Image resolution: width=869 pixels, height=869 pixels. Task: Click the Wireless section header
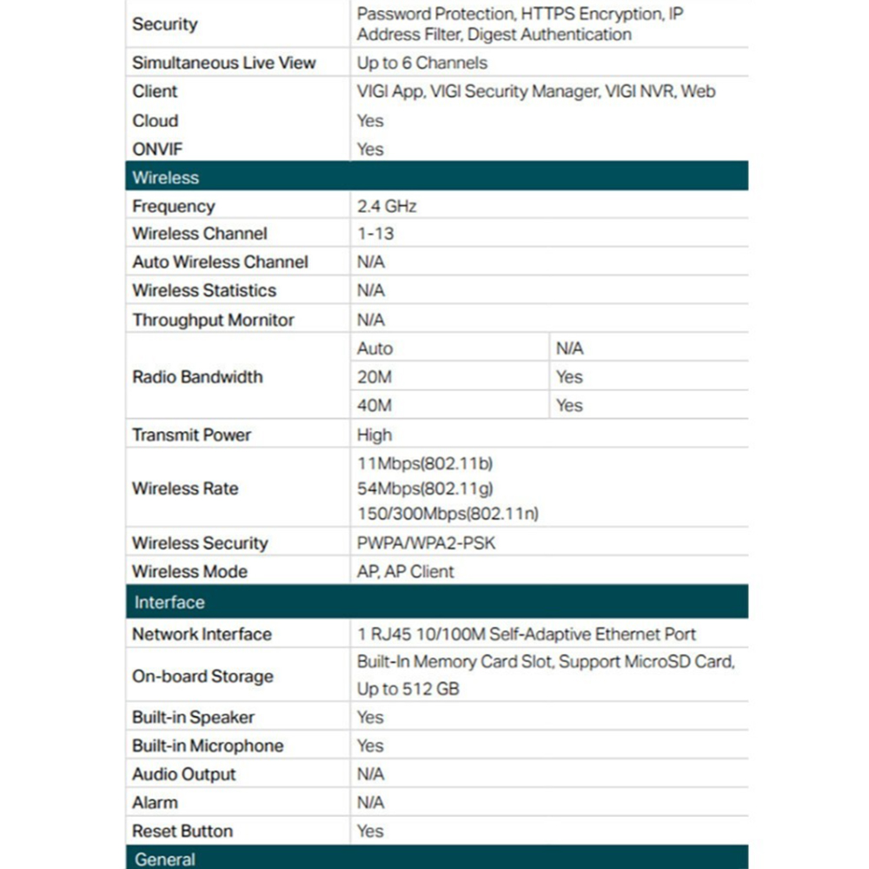[x=166, y=177]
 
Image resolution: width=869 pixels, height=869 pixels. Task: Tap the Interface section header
[x=169, y=602]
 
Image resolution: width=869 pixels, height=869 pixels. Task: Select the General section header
[x=165, y=859]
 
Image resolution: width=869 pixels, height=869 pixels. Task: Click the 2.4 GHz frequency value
[x=387, y=206]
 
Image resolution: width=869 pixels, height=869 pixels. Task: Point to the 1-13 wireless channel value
[x=375, y=234]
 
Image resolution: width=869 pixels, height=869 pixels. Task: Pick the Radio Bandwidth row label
[x=197, y=377]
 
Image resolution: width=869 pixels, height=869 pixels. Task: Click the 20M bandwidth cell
[x=375, y=377]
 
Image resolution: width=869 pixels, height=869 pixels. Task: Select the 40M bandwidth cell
[x=375, y=405]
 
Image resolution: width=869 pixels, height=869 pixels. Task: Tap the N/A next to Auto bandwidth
[x=569, y=348]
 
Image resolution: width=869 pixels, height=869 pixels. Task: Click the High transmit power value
[x=375, y=434]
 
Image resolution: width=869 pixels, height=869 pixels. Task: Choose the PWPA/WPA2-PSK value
[x=427, y=543]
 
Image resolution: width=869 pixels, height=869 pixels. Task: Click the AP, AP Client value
[x=406, y=571]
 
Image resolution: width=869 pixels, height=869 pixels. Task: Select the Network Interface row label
[x=202, y=634]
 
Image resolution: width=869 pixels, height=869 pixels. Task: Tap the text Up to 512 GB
[x=408, y=689]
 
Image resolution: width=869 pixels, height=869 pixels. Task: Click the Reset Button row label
[x=182, y=831]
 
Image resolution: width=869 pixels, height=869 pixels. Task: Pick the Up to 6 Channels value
[x=422, y=63]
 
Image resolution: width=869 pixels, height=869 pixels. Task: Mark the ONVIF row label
[x=157, y=149]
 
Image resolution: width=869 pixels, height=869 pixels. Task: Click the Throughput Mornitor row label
[x=213, y=320]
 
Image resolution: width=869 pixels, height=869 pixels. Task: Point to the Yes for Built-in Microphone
[x=370, y=746]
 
